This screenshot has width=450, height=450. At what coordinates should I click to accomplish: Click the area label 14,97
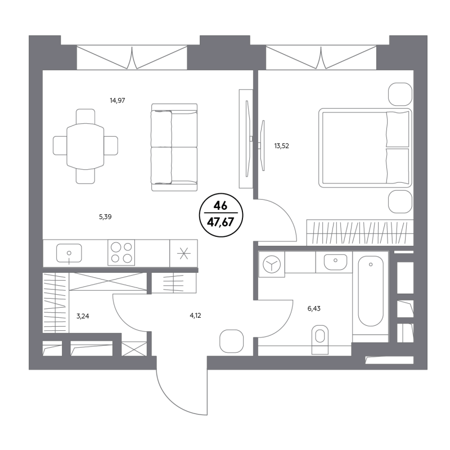pyautogui.click(x=118, y=101)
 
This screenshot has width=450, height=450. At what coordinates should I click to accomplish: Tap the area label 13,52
pyautogui.click(x=282, y=146)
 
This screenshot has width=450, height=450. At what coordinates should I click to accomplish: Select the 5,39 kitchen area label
pyautogui.click(x=105, y=217)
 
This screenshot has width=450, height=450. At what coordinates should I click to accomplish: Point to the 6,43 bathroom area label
pyautogui.click(x=314, y=308)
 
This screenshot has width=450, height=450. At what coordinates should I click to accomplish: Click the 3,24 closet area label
pyautogui.click(x=83, y=316)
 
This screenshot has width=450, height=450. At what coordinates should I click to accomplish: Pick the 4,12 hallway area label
pyautogui.click(x=195, y=316)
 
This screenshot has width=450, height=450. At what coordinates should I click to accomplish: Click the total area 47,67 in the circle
pyautogui.click(x=220, y=222)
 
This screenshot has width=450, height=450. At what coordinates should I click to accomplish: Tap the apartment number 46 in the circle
pyautogui.click(x=220, y=205)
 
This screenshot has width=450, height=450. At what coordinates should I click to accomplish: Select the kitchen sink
pyautogui.click(x=69, y=253)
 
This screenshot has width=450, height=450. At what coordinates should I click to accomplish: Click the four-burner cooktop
pyautogui.click(x=121, y=252)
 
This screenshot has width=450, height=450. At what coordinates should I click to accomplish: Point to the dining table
pyautogui.click(x=85, y=146)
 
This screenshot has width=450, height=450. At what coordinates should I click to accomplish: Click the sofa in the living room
pyautogui.click(x=174, y=147)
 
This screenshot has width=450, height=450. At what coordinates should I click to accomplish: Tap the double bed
pyautogui.click(x=365, y=148)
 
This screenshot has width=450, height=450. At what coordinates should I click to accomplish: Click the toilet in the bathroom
pyautogui.click(x=319, y=339)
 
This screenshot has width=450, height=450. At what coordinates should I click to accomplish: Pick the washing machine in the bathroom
pyautogui.click(x=272, y=264)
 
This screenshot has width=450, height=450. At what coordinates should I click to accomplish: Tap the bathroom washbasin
pyautogui.click(x=335, y=262)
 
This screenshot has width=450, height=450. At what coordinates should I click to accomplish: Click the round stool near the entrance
pyautogui.click(x=231, y=341)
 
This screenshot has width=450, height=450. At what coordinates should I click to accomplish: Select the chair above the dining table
pyautogui.click(x=85, y=116)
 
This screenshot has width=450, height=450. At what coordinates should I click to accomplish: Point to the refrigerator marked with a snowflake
pyautogui.click(x=184, y=254)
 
